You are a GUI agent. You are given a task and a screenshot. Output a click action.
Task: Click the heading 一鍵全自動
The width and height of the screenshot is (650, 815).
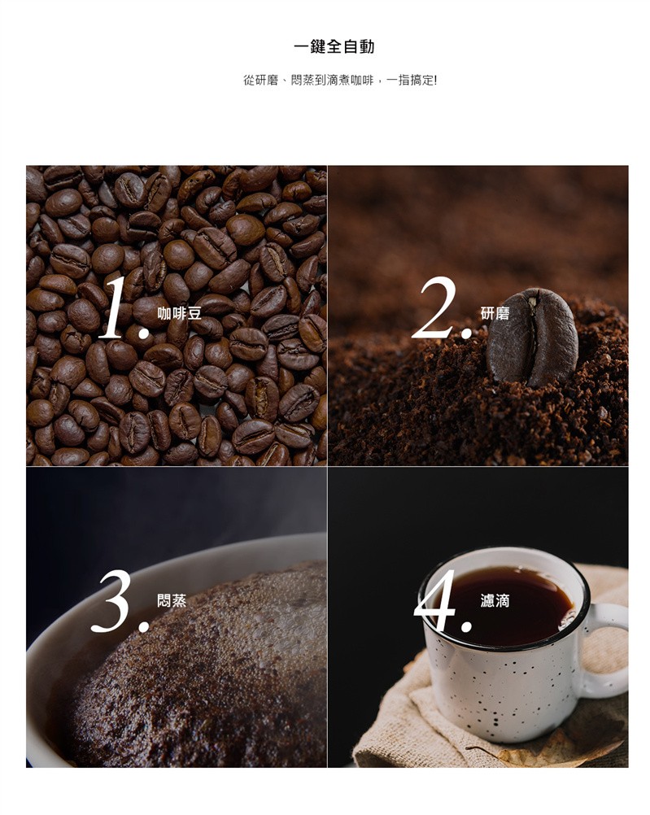334,47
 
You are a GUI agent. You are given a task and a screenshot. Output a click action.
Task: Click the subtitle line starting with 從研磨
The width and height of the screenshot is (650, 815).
340,80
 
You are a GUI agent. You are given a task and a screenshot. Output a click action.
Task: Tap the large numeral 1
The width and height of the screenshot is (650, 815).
115,307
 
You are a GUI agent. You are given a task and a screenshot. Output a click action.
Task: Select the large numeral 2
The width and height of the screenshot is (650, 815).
434,307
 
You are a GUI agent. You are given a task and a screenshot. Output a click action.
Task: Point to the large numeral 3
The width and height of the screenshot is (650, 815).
111,601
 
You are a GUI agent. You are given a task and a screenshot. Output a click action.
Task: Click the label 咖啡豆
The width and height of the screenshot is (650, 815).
179,313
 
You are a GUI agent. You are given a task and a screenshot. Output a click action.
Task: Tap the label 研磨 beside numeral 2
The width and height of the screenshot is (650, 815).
495,313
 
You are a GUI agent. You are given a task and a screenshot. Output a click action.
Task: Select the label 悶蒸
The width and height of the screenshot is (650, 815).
172,601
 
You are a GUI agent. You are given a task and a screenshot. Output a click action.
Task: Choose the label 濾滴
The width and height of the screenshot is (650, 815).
495,601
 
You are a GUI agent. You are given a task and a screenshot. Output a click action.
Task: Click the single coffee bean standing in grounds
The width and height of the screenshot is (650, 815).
532,337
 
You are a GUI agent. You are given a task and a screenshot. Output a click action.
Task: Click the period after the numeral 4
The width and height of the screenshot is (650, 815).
466,625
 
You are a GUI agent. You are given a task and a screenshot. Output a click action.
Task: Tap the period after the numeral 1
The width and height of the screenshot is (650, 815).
143,332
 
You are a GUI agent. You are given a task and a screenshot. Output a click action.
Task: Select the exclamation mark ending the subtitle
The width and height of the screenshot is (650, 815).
435,80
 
